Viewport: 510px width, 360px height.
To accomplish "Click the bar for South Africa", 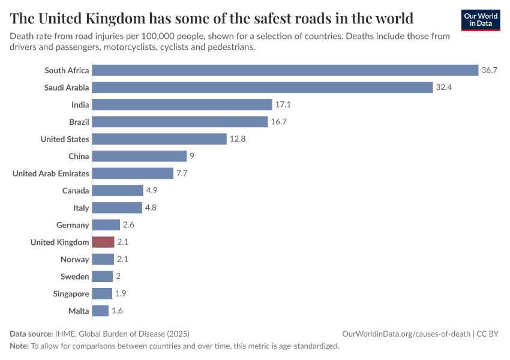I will click(x=285, y=70).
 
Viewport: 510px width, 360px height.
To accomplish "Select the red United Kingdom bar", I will click(x=103, y=242).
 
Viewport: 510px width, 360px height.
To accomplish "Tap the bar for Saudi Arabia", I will click(x=262, y=88).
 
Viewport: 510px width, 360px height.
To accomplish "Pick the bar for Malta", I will click(x=100, y=311).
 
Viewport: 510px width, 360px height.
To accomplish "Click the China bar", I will click(x=139, y=157).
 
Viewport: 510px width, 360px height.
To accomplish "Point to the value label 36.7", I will click(x=490, y=70).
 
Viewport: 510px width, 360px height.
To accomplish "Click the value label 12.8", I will click(x=237, y=139).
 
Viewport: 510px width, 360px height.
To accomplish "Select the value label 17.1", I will click(x=283, y=105).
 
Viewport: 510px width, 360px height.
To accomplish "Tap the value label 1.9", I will click(x=120, y=294).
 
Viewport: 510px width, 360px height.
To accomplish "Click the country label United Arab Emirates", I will click(x=51, y=173).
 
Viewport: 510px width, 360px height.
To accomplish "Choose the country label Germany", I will click(x=73, y=225).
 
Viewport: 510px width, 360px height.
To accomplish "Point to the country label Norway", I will click(x=75, y=260).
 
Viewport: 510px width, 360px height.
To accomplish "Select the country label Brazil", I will click(x=79, y=122).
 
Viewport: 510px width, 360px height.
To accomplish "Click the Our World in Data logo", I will click(x=480, y=19).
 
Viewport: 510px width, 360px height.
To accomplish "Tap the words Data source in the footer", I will click(x=31, y=334).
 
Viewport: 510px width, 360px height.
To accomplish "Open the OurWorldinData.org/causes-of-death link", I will click(x=406, y=334).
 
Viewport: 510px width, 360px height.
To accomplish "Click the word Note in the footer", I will click(x=19, y=346).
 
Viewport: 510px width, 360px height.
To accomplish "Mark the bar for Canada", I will click(x=118, y=191).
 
